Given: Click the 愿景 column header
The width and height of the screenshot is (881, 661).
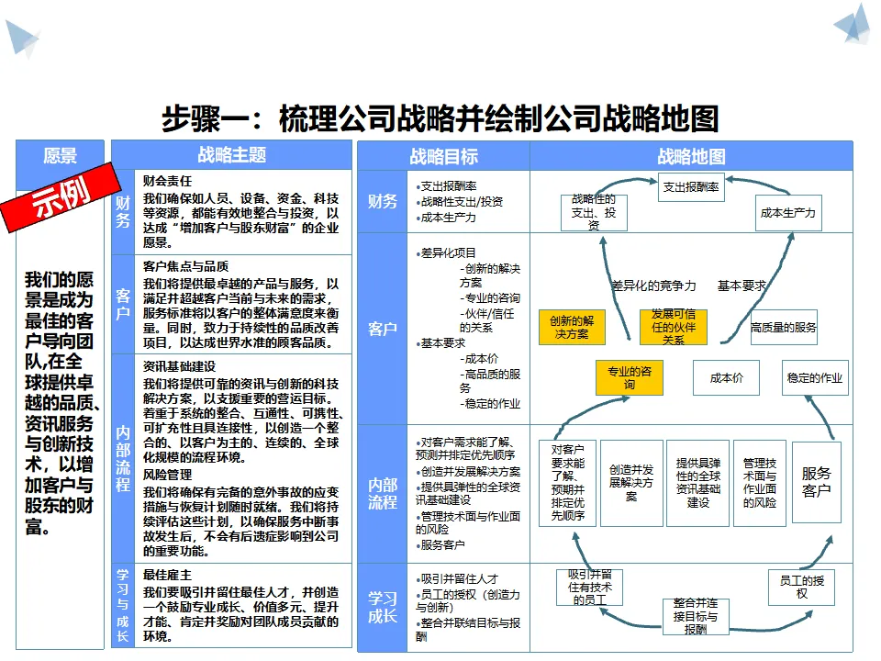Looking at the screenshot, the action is point(61,155).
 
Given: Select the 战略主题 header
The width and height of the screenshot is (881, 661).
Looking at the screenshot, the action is point(231,154).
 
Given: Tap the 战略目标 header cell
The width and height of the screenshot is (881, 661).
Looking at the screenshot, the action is point(444,156).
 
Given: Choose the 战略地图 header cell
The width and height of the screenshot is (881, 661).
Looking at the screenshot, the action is point(691,156).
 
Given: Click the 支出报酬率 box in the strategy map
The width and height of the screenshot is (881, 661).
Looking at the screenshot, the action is point(691,187).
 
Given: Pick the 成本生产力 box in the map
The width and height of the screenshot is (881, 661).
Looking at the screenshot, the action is point(787,212).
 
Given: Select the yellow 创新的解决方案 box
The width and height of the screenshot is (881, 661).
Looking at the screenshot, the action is point(572,327).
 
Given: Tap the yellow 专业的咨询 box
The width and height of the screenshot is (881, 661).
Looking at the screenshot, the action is point(630,377).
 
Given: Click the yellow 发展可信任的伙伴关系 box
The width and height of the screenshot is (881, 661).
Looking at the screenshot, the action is point(673,327).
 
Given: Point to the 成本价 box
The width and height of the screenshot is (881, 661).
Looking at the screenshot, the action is point(727,377).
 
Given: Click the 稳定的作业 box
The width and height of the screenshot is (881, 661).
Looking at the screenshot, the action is point(815,377).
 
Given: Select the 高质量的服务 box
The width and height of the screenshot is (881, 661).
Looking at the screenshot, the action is point(784,327).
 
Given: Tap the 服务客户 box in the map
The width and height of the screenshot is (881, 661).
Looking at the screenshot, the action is point(817,482).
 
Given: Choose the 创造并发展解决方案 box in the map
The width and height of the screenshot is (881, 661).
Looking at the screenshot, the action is point(631,484).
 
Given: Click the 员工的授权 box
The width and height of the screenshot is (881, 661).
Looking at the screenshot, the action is point(802,588).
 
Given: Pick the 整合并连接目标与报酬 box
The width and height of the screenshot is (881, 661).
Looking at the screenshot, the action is point(696,617).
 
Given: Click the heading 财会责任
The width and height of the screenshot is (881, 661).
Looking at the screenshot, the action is point(167,181).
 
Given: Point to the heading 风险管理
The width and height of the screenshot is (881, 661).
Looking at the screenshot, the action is point(167,475).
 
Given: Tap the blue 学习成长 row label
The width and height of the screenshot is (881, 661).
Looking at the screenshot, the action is point(382,607).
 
